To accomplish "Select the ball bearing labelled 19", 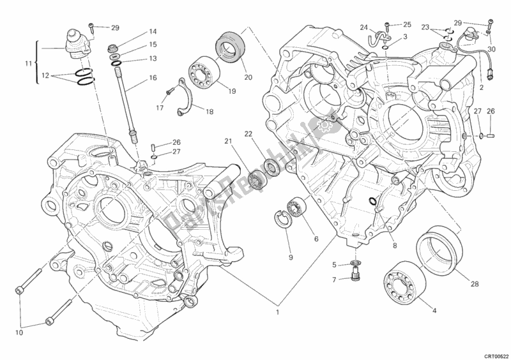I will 203,72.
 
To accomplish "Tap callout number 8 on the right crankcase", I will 395,245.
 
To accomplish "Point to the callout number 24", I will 363,27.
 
